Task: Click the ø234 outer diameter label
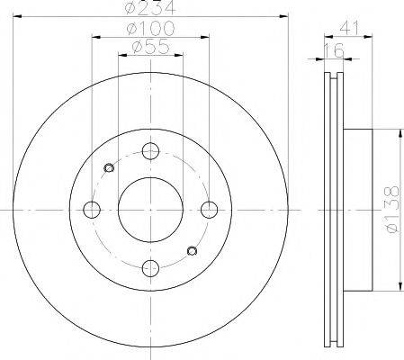[x=150, y=7]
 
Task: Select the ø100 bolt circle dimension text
[x=150, y=28]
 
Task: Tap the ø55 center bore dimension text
[x=151, y=47]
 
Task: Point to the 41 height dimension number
[x=349, y=28]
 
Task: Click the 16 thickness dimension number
[x=335, y=50]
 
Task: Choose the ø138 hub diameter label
[x=392, y=209]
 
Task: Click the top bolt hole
[x=150, y=151]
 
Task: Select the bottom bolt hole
[x=150, y=268]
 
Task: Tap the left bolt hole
[x=92, y=210]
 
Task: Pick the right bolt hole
[x=209, y=210]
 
